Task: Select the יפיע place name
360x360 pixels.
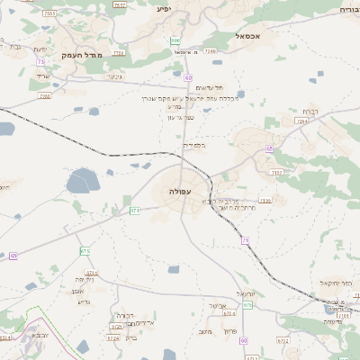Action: pyautogui.click(x=163, y=9)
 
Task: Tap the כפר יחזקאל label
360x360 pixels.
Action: pyautogui.click(x=334, y=283)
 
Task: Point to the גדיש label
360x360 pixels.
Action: pyautogui.click(x=85, y=301)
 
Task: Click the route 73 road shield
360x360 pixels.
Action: pyautogui.click(x=41, y=61)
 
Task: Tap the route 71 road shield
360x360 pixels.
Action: pyautogui.click(x=245, y=240)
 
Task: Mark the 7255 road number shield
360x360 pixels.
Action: pyautogui.click(x=45, y=95)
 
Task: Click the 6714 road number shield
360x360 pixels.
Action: pyautogui.click(x=91, y=272)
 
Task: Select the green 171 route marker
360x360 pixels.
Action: pyautogui.click(x=135, y=211)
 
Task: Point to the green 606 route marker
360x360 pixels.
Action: pyautogui.click(x=175, y=40)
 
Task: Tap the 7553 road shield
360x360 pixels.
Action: pyautogui.click(x=49, y=14)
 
